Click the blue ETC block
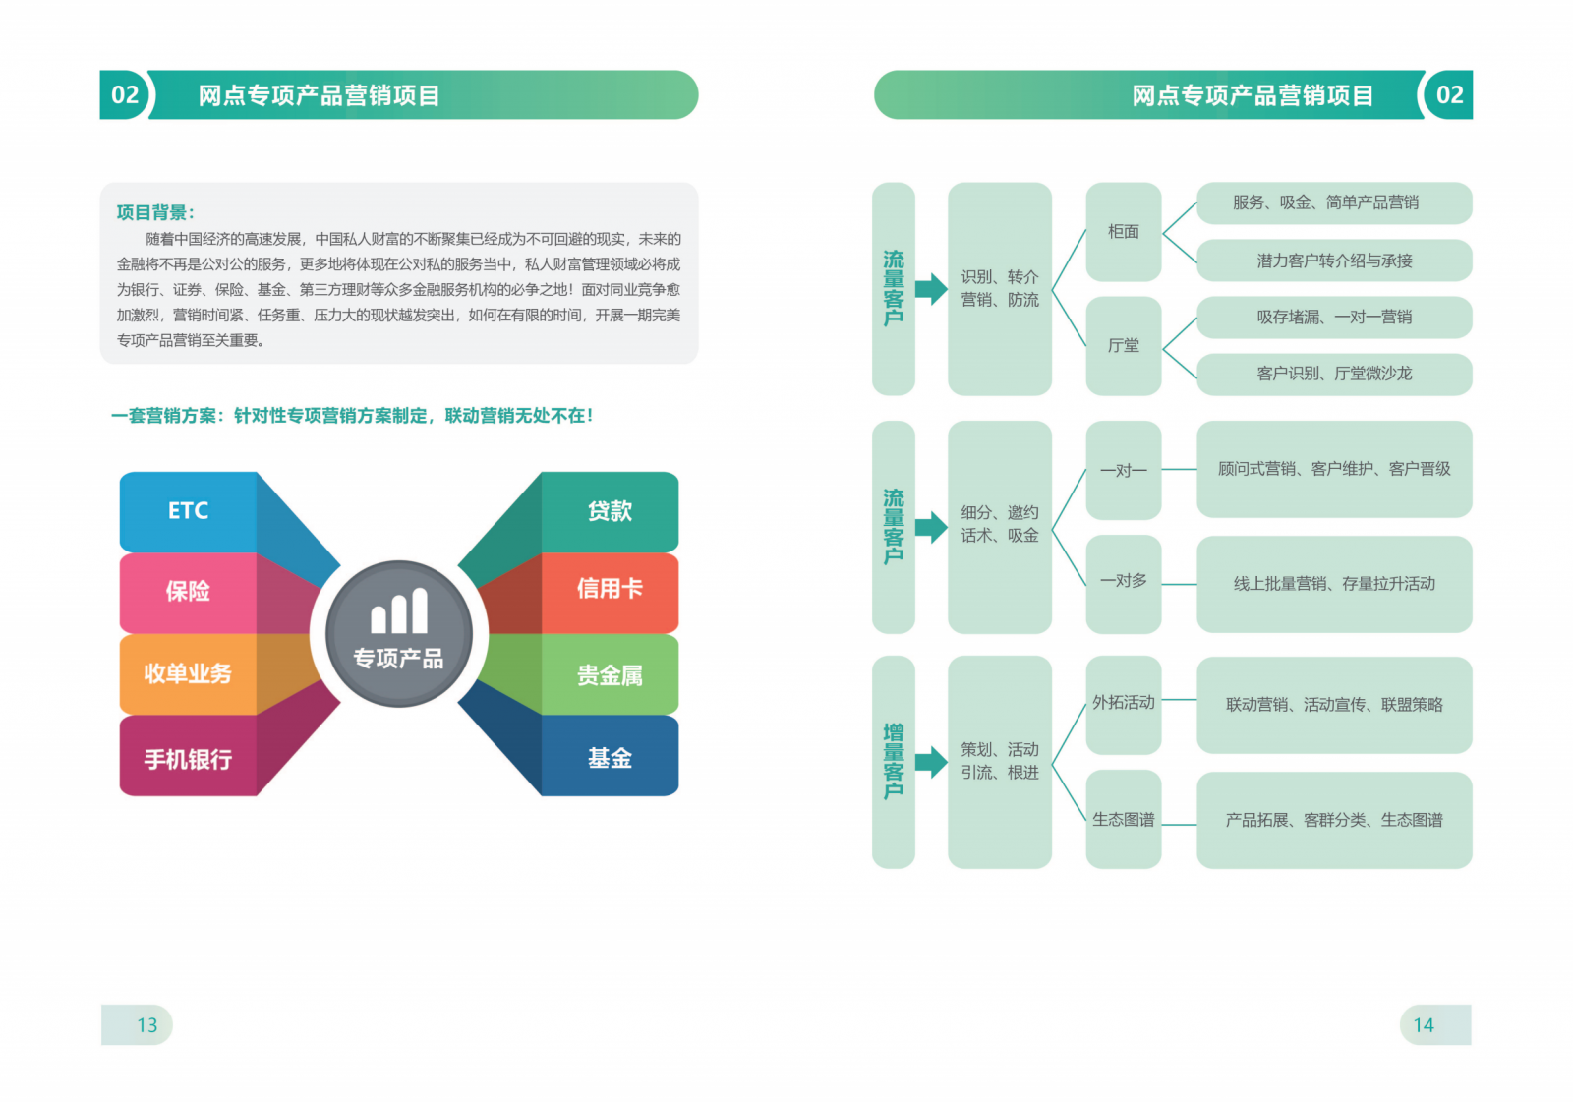point(188,511)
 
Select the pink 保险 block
point(188,593)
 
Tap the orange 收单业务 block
point(188,674)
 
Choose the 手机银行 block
point(188,756)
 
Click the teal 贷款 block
point(610,511)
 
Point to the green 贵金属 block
point(610,674)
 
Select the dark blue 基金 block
point(610,756)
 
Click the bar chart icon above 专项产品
point(399,610)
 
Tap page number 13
point(146,1025)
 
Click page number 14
point(1424,1025)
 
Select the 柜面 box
point(1124,232)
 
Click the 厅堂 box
point(1124,346)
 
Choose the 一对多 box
point(1124,584)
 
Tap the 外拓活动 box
point(1124,705)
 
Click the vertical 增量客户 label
point(894,762)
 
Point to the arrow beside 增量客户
point(932,762)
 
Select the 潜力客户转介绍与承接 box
point(1334,261)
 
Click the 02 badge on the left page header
point(125,94)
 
